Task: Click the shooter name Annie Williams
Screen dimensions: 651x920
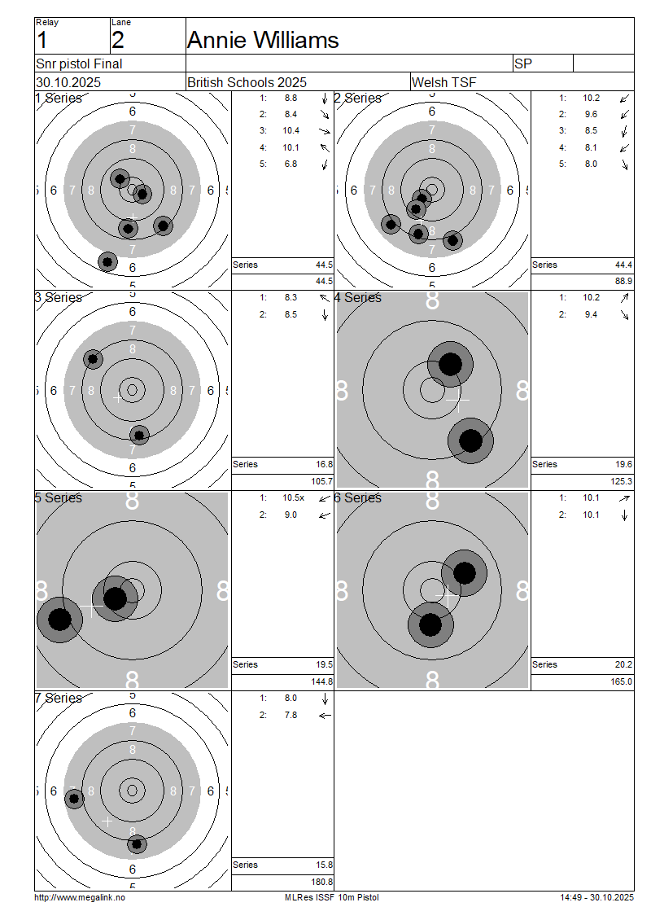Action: point(263,40)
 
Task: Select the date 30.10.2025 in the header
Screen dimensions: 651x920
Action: point(68,82)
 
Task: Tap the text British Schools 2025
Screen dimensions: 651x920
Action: point(247,82)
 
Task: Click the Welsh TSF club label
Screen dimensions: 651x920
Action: point(444,82)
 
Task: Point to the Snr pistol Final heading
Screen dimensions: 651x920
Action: point(79,64)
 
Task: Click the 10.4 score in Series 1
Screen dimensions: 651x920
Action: point(291,131)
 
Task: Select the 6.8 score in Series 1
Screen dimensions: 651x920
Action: point(291,164)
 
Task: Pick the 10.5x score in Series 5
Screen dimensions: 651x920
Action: point(293,497)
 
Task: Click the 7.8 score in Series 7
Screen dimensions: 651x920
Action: point(291,715)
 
